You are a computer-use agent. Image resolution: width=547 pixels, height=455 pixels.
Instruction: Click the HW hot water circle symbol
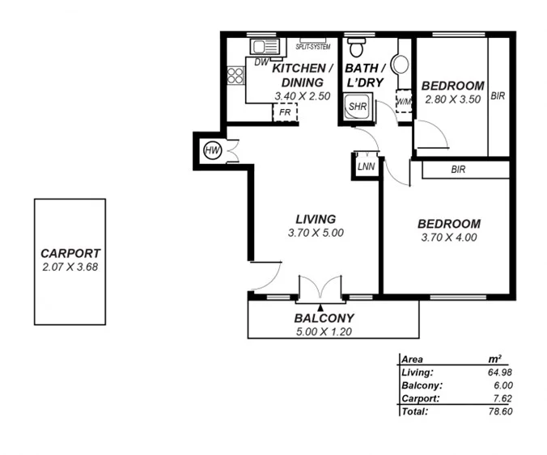(213, 151)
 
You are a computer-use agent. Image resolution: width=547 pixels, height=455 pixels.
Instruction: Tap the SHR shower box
(356, 107)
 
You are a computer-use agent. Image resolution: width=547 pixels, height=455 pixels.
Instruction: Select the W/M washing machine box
(404, 103)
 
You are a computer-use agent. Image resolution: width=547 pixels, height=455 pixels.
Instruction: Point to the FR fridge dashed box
(285, 112)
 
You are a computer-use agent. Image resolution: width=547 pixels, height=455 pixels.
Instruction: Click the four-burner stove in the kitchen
(235, 75)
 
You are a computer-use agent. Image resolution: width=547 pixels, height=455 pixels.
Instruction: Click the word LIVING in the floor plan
(316, 219)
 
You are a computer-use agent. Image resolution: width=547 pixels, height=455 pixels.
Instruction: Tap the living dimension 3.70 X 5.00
(316, 233)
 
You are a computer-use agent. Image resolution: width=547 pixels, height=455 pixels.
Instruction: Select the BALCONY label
(324, 318)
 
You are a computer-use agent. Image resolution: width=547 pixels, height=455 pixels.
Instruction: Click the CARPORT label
(70, 253)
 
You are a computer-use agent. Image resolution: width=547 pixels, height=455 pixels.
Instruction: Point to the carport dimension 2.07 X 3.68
(70, 267)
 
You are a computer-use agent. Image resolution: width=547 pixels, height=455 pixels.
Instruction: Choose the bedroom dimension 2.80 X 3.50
(452, 99)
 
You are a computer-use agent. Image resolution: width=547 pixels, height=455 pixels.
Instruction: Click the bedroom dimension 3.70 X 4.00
(449, 238)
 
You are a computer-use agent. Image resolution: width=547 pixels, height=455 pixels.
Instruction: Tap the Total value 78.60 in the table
(499, 411)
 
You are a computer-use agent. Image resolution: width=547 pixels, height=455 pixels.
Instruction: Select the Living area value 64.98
(499, 373)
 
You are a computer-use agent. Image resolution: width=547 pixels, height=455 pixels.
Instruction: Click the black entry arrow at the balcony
(321, 307)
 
